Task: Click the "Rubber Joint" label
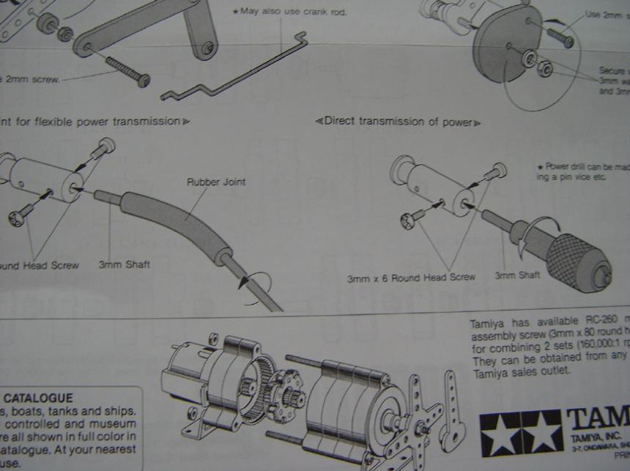coord(216,182)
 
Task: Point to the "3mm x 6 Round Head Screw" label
coord(411,278)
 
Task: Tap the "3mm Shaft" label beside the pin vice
coord(517,275)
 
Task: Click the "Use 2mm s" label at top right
coord(607,15)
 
